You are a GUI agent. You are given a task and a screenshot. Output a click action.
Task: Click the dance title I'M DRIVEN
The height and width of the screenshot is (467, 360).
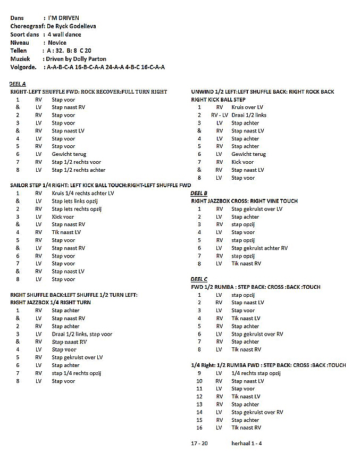click(63, 18)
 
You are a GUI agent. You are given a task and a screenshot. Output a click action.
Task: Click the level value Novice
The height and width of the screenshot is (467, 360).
click(57, 43)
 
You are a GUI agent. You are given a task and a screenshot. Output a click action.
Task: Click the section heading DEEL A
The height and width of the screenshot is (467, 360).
click(18, 84)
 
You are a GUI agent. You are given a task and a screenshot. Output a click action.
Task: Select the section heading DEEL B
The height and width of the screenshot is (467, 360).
click(199, 193)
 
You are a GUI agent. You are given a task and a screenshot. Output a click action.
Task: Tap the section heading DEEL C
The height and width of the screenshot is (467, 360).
click(199, 279)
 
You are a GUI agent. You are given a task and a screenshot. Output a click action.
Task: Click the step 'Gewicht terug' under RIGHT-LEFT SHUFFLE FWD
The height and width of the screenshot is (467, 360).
click(69, 154)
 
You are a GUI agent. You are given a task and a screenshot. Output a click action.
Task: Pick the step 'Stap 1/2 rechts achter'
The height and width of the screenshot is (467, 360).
click(78, 170)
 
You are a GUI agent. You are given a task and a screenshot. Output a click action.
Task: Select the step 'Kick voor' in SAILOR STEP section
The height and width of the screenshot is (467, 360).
click(63, 217)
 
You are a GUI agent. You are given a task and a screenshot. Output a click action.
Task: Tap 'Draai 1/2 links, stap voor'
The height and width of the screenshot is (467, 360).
click(82, 334)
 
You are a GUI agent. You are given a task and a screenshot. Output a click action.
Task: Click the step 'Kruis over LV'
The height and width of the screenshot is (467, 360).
click(247, 107)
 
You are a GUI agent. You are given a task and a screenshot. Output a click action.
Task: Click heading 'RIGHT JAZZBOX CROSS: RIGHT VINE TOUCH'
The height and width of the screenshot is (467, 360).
click(244, 201)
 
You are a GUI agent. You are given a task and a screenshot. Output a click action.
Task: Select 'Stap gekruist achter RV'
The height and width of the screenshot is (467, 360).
click(259, 248)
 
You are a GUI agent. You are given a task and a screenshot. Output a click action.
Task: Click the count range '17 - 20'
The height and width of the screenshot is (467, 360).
click(199, 443)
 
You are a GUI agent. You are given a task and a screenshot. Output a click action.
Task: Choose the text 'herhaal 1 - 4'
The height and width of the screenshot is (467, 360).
click(246, 443)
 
